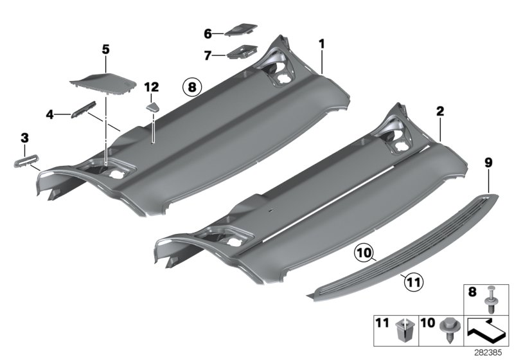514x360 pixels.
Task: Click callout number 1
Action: pyautogui.click(x=322, y=43)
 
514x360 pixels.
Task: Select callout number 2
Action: pyautogui.click(x=440, y=111)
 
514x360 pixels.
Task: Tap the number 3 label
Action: pyautogui.click(x=24, y=137)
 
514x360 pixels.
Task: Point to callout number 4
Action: pyautogui.click(x=49, y=115)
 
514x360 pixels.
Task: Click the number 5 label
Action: pyautogui.click(x=106, y=48)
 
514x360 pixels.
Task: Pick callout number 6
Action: pyautogui.click(x=208, y=33)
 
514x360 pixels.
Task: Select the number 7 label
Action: pyautogui.click(x=208, y=56)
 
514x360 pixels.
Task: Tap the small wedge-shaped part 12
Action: pyautogui.click(x=153, y=105)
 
